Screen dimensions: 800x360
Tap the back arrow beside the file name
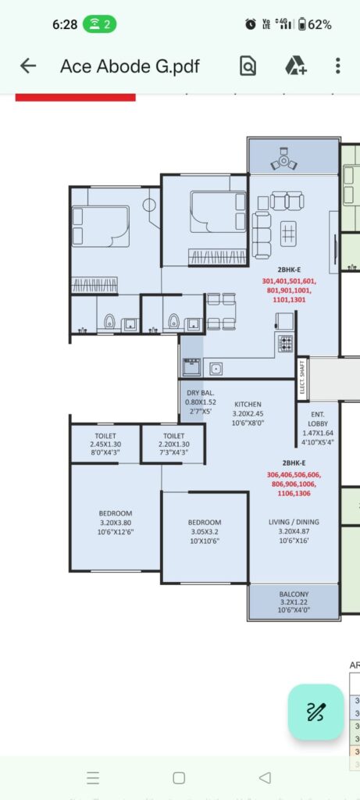coord(28,66)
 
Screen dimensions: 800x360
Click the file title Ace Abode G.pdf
coord(130,66)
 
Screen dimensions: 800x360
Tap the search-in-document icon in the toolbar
coord(248,66)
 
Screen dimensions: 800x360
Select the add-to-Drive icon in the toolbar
coord(295,66)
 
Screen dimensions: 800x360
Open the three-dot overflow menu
coord(337,66)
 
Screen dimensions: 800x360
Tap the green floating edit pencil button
coord(315,712)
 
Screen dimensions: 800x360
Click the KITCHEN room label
coord(248,404)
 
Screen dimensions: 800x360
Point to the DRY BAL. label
coord(201,393)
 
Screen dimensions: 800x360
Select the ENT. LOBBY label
coord(318,417)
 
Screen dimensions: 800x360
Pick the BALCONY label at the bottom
coord(294,594)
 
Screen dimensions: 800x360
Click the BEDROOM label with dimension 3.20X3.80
coord(115,513)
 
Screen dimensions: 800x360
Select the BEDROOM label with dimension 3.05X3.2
coord(205,522)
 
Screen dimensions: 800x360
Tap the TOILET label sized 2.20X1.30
coord(173,436)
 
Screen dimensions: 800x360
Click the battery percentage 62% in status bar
coord(319,24)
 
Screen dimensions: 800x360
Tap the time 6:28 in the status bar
coord(65,24)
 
